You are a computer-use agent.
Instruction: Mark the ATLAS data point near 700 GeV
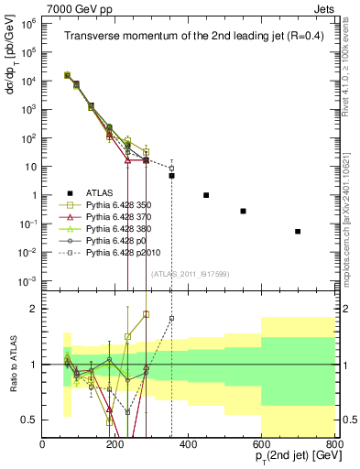pyautogui.click(x=298, y=232)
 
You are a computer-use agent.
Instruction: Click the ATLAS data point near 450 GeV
pyautogui.click(x=206, y=195)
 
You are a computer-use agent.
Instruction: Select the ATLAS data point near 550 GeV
pyautogui.click(x=243, y=211)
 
